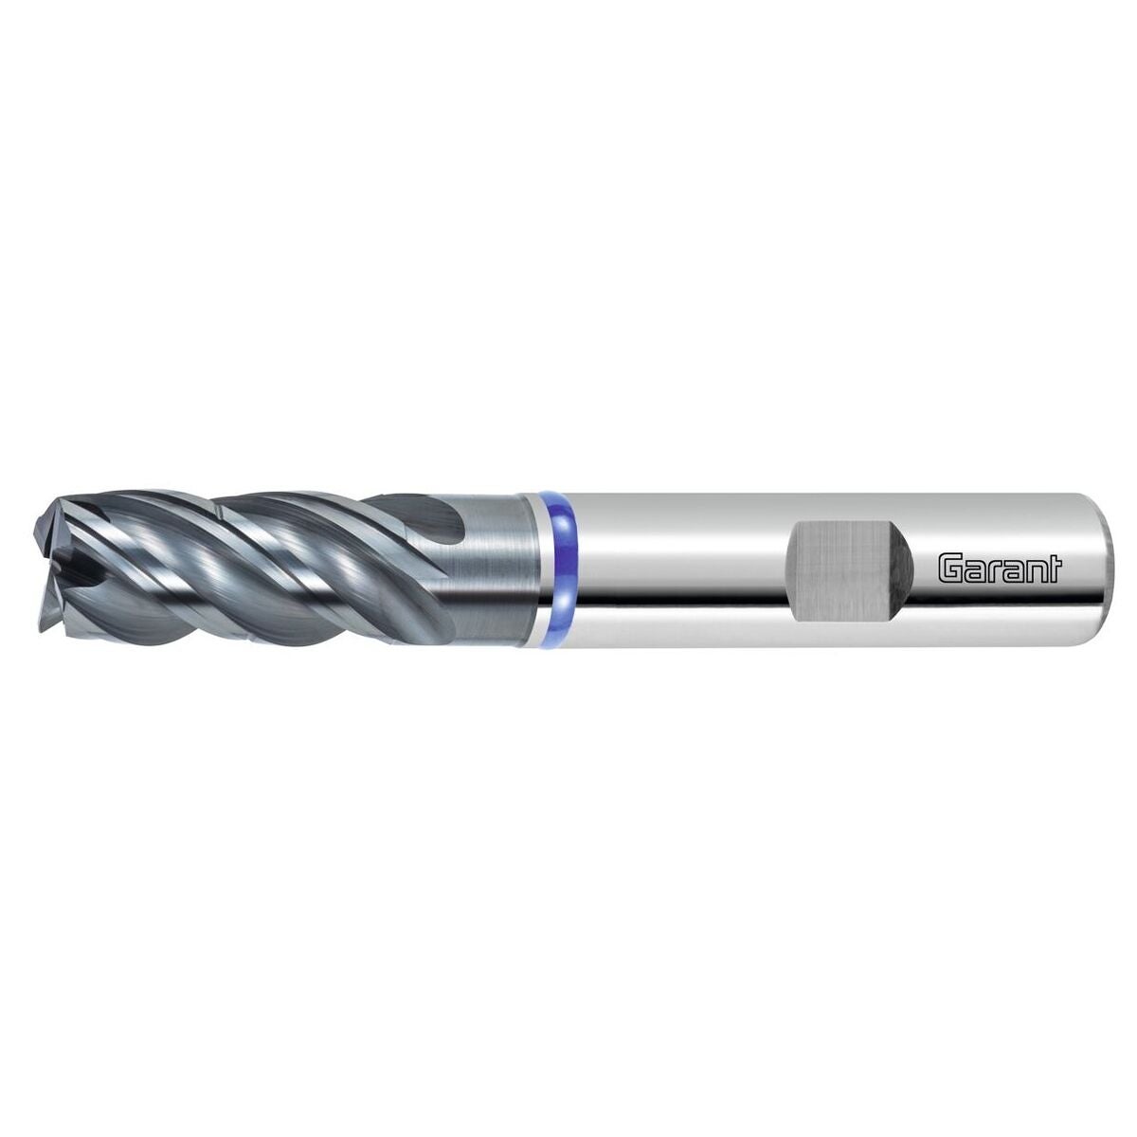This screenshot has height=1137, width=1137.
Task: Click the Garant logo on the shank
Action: tap(1001, 568)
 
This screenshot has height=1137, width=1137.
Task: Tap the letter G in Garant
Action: tap(948, 568)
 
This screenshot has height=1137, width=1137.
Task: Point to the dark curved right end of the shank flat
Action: tap(906, 568)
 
